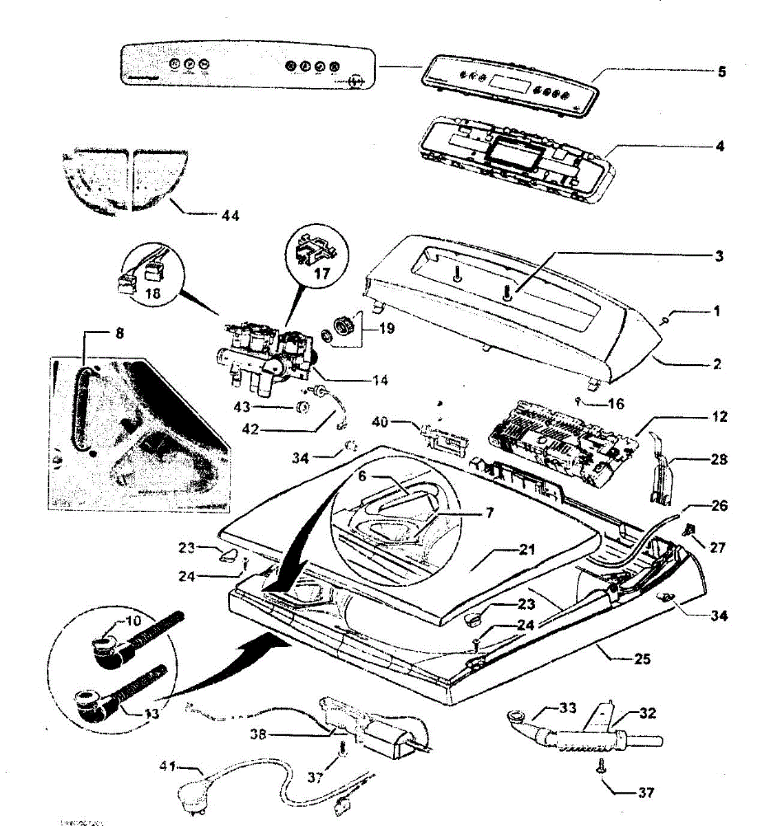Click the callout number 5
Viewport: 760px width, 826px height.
721,72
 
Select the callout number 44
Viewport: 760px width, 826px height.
231,216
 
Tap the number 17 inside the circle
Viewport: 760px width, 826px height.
322,273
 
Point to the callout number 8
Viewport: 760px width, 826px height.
120,334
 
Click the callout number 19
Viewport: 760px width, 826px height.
387,328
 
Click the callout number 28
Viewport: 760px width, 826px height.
719,459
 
